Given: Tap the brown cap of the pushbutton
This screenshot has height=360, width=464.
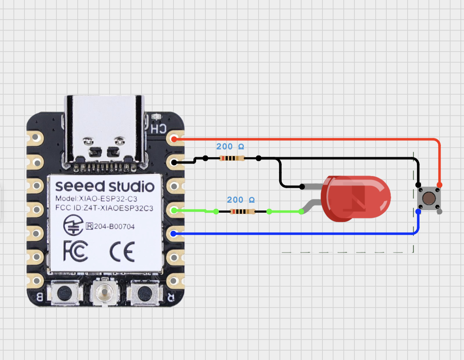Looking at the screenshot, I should click(429, 198).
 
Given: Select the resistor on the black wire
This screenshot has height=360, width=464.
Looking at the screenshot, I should click(232, 158).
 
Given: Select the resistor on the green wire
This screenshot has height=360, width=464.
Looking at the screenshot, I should click(243, 212).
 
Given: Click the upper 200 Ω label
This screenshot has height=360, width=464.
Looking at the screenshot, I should click(230, 147).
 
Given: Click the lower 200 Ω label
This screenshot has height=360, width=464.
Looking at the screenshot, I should click(241, 200).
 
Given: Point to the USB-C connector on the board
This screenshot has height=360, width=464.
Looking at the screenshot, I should click(105, 131).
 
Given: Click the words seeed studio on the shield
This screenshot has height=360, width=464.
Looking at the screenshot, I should click(105, 186).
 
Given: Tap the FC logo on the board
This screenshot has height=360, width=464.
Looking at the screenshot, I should click(76, 251).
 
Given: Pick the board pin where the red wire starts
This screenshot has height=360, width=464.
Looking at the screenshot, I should click(174, 139).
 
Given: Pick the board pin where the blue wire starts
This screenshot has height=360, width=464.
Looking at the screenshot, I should click(173, 234).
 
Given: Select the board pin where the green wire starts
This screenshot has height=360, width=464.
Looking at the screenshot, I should click(174, 211).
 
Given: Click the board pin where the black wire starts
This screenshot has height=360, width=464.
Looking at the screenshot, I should click(174, 163).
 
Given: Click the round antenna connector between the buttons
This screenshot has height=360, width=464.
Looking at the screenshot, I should click(105, 292).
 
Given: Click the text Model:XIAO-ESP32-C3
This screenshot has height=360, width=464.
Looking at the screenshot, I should click(96, 198).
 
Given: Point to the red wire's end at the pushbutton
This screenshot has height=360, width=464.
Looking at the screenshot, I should click(440, 185).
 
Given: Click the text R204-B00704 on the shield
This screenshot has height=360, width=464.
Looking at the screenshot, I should click(111, 226).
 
